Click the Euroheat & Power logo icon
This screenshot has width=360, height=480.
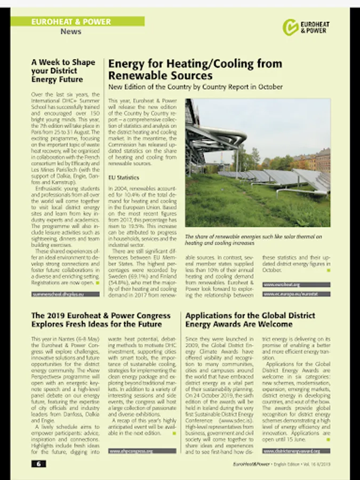[x=291, y=27]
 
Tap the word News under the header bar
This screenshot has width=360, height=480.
[x=71, y=31]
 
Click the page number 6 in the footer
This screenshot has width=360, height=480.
[x=38, y=463]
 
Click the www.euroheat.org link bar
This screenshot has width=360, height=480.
[x=296, y=285]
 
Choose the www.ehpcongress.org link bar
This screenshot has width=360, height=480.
[x=142, y=451]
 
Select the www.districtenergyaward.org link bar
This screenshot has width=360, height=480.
[x=296, y=451]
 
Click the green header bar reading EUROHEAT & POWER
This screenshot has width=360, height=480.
[x=77, y=22]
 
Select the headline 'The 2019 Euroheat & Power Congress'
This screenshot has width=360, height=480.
[x=100, y=319]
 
